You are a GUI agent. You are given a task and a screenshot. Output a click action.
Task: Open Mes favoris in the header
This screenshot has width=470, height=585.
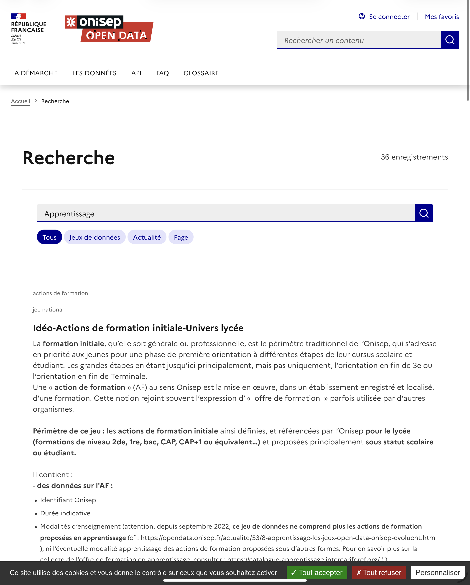pos(442,17)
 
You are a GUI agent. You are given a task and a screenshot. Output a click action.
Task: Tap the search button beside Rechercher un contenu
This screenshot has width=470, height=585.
pos(450,40)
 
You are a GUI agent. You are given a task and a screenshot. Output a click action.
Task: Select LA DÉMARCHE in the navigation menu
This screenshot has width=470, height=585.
pos(34,73)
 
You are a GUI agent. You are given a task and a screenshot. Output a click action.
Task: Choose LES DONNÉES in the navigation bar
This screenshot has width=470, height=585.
pos(94,73)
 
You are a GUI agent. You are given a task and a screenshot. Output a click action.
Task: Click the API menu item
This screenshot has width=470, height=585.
pos(136,73)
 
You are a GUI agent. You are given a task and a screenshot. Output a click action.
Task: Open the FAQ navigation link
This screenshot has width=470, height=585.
pos(163,73)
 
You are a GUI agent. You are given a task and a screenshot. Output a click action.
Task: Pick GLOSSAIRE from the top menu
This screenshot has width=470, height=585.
pos(201,73)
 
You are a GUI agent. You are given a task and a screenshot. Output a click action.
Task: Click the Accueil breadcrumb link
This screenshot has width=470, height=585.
pos(21,101)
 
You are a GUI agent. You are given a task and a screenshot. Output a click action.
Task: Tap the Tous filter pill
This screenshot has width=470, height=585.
pos(49,237)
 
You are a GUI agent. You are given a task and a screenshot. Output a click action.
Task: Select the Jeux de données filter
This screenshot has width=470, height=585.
pos(95,237)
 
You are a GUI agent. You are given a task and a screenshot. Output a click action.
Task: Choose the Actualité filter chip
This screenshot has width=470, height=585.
pos(147,237)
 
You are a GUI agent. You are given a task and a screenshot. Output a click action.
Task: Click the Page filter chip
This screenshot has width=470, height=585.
pos(181,237)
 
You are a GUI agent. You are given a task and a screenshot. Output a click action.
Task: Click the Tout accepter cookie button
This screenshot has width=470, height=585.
pos(317,572)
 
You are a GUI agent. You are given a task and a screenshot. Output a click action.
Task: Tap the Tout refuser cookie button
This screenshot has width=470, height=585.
pos(379,572)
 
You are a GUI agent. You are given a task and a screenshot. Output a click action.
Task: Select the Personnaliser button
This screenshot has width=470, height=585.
pos(437,572)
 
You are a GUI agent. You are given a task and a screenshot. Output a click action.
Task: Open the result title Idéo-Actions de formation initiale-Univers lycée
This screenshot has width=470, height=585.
pos(138,328)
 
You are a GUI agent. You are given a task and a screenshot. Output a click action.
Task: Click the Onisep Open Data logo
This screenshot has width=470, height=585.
pos(109,29)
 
